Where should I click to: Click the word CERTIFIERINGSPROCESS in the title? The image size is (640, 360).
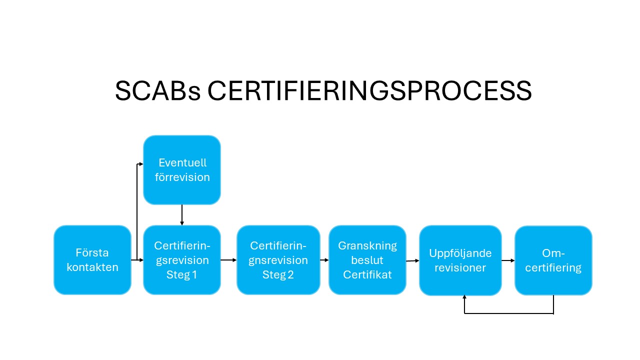[369, 91]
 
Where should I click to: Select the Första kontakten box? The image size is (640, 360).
[92, 259]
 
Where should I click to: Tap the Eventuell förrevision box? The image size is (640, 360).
[182, 170]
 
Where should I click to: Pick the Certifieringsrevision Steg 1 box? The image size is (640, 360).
[182, 259]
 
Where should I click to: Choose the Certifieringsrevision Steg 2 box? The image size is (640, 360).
[278, 259]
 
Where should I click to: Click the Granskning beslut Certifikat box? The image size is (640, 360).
[367, 259]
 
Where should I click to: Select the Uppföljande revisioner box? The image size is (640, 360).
[460, 260]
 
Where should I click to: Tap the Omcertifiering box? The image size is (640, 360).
[553, 260]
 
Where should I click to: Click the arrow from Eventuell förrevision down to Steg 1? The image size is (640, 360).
[182, 214]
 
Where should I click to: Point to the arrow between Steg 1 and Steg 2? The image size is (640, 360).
[228, 260]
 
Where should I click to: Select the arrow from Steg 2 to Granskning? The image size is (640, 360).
[324, 260]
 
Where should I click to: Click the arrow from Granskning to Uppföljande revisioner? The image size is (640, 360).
[412, 260]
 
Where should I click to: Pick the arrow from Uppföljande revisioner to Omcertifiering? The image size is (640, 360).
[508, 260]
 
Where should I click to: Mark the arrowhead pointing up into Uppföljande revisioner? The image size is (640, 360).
[464, 297]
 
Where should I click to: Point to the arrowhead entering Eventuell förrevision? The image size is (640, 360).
[141, 163]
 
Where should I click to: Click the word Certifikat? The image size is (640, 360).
[367, 274]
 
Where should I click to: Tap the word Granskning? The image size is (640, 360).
[367, 245]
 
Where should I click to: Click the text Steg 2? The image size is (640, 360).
[278, 274]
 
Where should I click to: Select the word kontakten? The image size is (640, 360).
[92, 267]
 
